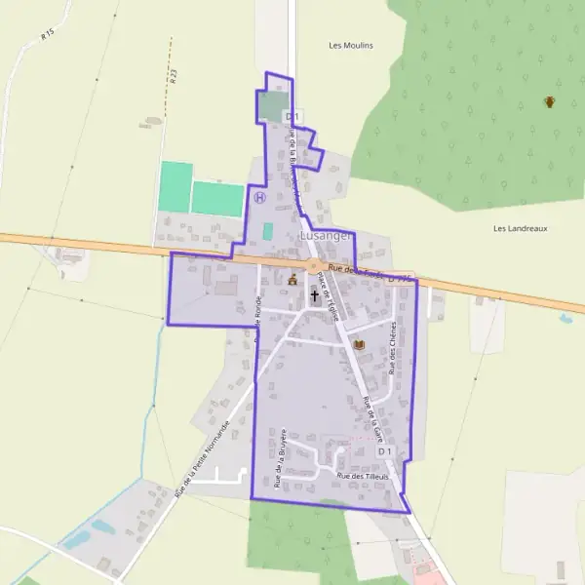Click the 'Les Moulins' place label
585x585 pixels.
point(351,45)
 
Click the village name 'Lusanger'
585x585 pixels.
point(326,236)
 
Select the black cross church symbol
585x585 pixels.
point(315,293)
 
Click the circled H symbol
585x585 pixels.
point(259,197)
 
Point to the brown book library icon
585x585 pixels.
point(357,345)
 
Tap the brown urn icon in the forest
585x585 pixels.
point(550,101)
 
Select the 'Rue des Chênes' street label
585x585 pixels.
point(394,348)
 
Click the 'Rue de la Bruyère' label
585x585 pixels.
point(280,457)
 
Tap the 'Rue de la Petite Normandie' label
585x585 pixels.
point(202,459)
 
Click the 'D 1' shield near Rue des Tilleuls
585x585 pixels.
point(384,452)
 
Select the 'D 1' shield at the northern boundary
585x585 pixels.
point(290,116)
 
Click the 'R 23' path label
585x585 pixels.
point(172,73)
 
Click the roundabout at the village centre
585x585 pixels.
point(314,265)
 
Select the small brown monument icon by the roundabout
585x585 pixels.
point(292,281)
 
